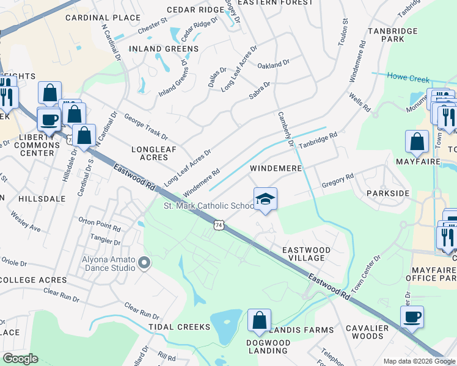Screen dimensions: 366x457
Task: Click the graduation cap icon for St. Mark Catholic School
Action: point(265,199)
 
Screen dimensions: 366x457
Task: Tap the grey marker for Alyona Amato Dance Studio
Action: point(144,263)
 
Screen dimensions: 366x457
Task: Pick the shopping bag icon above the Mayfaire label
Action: point(417,141)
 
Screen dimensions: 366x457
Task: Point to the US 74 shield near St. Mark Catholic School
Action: point(218,225)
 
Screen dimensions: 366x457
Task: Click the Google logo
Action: point(20,358)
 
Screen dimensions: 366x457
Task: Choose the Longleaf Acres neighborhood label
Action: point(150,153)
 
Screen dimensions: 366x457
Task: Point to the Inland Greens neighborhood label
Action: point(163,49)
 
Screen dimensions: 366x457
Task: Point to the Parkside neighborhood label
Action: point(387,193)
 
